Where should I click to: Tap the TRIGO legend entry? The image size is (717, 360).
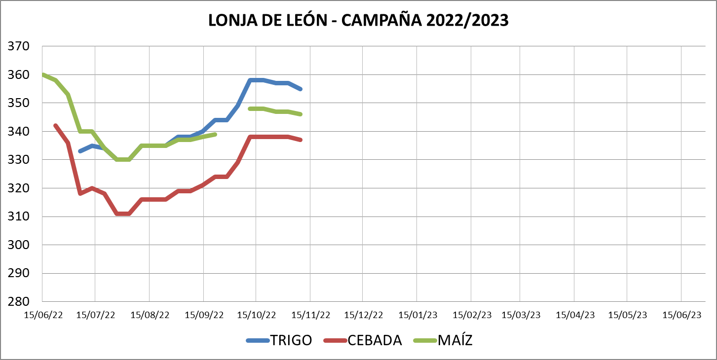click(291, 340)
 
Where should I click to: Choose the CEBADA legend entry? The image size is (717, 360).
click(375, 340)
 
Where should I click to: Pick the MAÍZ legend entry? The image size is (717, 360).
click(455, 340)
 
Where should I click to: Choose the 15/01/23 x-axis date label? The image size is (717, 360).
click(418, 315)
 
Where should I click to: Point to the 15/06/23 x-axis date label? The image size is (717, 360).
click(682, 315)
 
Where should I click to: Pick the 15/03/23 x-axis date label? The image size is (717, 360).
click(521, 315)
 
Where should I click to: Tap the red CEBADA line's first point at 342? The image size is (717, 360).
click(55, 125)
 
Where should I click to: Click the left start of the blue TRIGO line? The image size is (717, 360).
click(80, 151)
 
